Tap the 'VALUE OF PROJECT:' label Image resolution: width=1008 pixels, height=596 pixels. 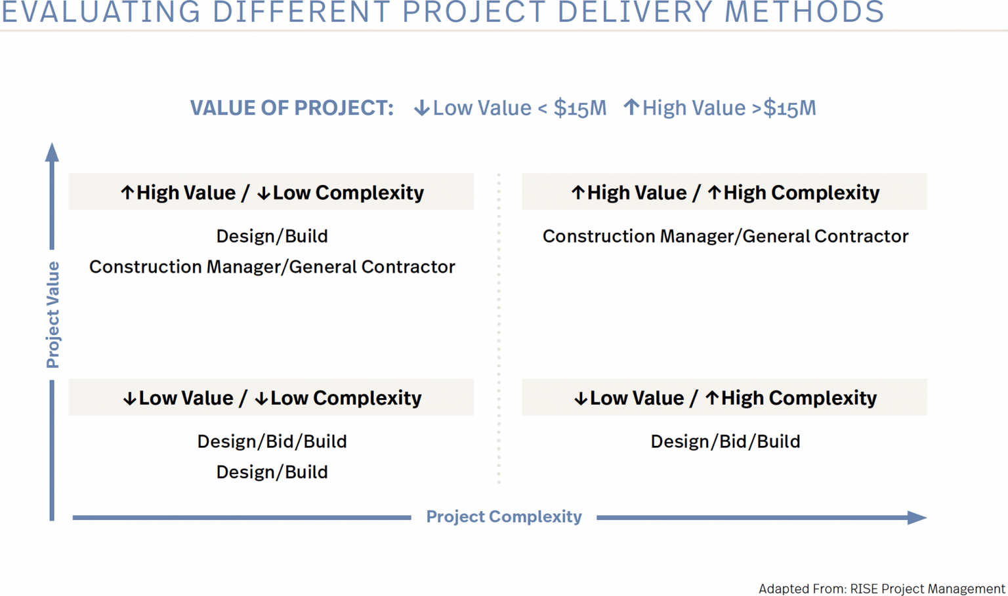(291, 108)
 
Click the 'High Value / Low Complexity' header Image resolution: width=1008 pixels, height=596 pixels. (271, 192)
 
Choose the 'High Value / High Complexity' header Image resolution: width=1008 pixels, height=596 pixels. (724, 192)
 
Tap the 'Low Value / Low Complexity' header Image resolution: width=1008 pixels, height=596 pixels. (271, 397)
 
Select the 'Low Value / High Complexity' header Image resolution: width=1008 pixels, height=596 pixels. (724, 397)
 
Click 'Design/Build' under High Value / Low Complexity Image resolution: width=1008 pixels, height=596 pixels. (272, 236)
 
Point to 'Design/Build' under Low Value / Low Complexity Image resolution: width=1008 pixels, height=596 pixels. (272, 472)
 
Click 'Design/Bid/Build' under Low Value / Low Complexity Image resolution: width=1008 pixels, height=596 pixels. (272, 441)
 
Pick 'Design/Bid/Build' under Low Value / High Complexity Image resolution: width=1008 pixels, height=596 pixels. (725, 441)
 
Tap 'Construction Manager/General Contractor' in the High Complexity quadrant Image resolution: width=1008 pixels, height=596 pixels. (725, 236)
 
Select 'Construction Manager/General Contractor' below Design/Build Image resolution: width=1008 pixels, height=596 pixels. (272, 267)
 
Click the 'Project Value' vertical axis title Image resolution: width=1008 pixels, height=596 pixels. (52, 315)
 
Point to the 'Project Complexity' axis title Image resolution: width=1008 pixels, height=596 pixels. (503, 517)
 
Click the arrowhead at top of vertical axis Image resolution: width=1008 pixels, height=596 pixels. (52, 152)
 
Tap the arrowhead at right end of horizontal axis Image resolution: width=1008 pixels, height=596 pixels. (917, 517)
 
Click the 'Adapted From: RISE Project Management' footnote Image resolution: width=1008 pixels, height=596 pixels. (881, 589)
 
